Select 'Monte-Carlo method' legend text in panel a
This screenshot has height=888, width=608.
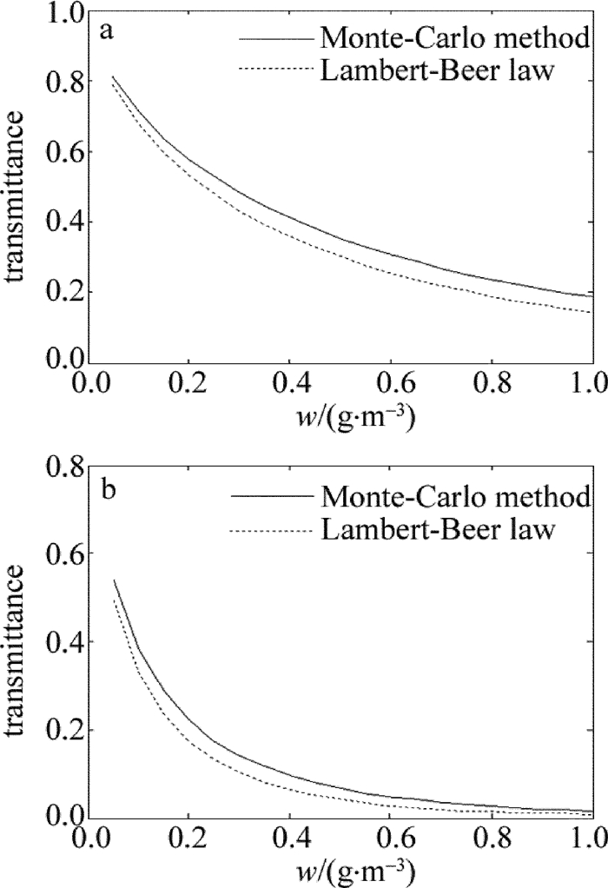[452, 39]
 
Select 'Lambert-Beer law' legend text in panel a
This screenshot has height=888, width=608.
[437, 70]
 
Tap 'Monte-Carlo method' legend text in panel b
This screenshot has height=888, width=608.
[452, 497]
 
